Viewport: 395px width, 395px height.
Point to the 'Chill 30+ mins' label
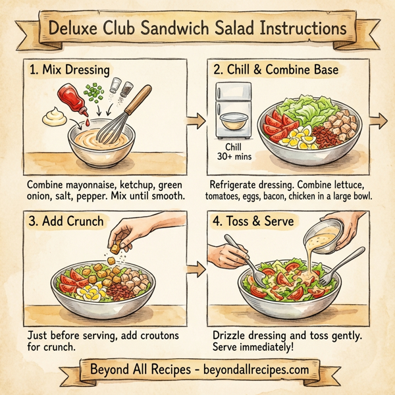coord(234,152)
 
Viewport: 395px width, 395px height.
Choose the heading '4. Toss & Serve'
coord(260,221)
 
